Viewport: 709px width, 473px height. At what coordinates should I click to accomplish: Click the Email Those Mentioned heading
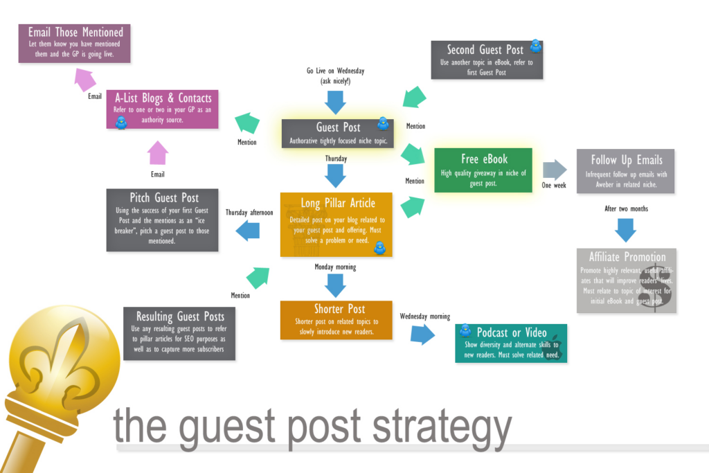tap(75, 32)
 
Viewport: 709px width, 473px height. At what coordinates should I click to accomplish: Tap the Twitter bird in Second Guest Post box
tap(535, 46)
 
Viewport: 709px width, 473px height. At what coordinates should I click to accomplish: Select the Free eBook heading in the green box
tap(484, 159)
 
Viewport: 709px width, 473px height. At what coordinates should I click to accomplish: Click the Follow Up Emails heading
tap(626, 160)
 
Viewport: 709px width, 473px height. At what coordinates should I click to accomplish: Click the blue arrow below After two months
tap(626, 229)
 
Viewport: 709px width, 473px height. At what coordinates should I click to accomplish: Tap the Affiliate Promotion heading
tap(627, 257)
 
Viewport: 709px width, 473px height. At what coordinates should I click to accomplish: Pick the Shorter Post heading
tap(339, 309)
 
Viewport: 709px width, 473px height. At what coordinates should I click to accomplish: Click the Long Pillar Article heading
tap(338, 204)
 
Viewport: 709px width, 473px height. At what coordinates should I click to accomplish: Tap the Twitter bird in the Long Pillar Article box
tap(379, 246)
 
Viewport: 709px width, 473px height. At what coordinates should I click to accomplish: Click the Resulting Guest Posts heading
tap(180, 316)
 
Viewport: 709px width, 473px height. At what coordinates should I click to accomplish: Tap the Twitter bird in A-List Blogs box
tap(122, 123)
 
